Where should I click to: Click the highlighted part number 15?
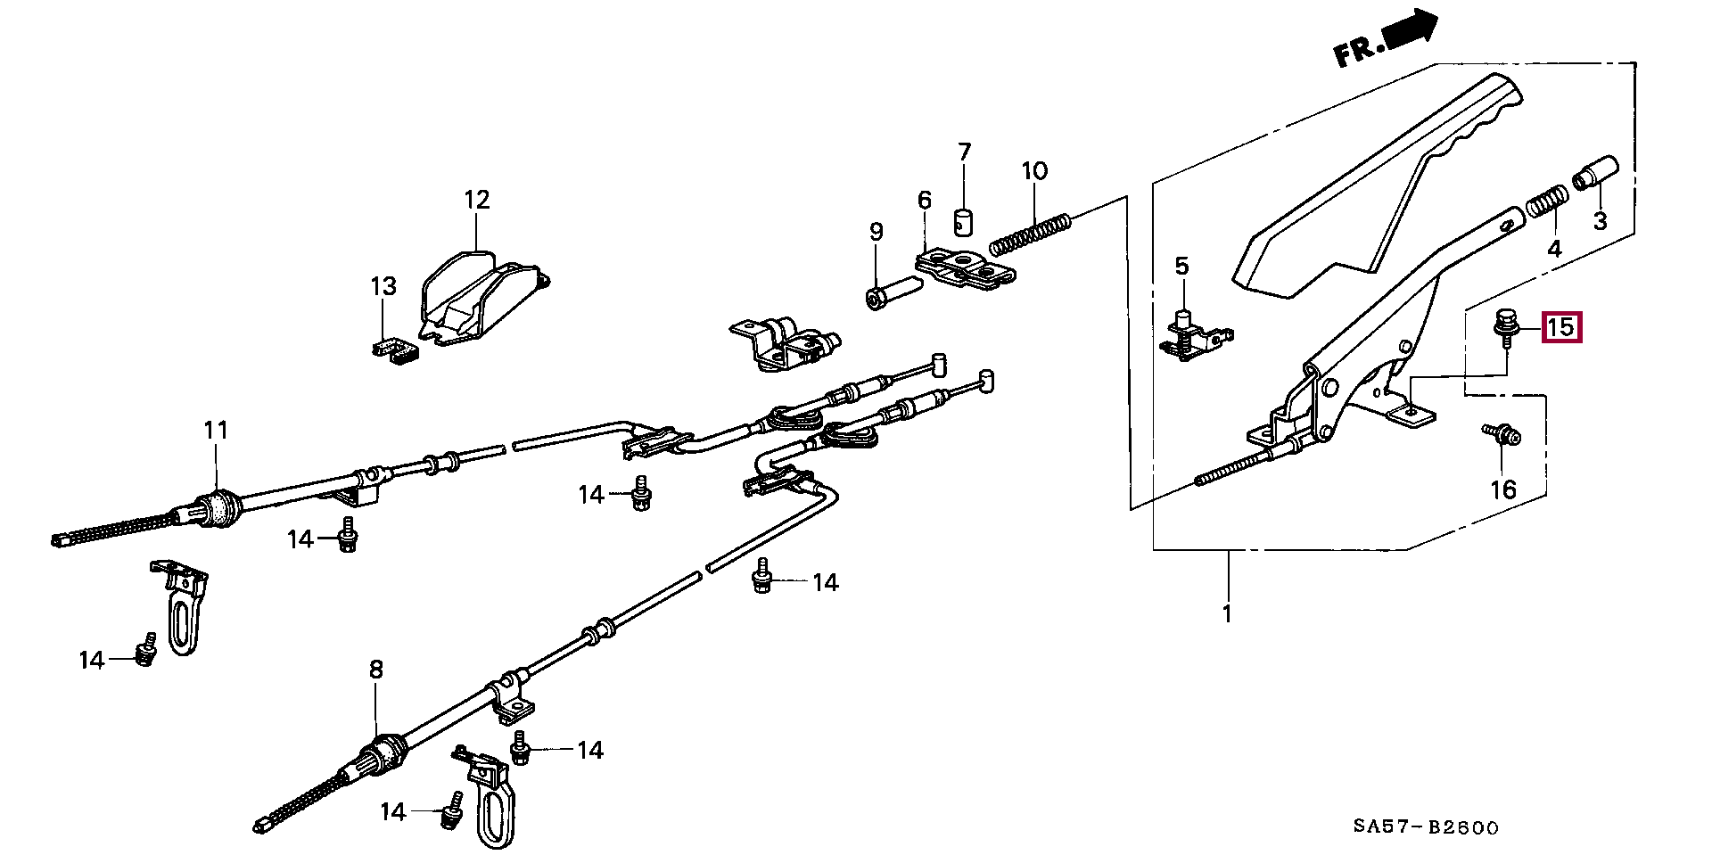tap(1560, 327)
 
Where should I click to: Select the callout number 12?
tap(477, 200)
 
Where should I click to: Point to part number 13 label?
tap(383, 286)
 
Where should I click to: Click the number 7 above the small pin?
tap(964, 152)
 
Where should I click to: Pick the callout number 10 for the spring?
tap(1034, 170)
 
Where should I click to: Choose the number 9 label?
tap(877, 232)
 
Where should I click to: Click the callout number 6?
tap(925, 200)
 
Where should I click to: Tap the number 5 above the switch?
tap(1181, 266)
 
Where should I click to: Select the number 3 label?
tap(1600, 220)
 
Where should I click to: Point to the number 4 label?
tap(1554, 249)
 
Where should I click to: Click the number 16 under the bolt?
tap(1503, 489)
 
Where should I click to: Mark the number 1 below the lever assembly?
tap(1227, 613)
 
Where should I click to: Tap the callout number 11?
tap(216, 431)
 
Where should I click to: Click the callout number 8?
tap(376, 669)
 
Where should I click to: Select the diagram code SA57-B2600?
tap(1426, 827)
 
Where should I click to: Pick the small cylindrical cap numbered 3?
tap(1594, 173)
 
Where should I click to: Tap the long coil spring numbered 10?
tap(1030, 234)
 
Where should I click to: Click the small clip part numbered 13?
tap(395, 350)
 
